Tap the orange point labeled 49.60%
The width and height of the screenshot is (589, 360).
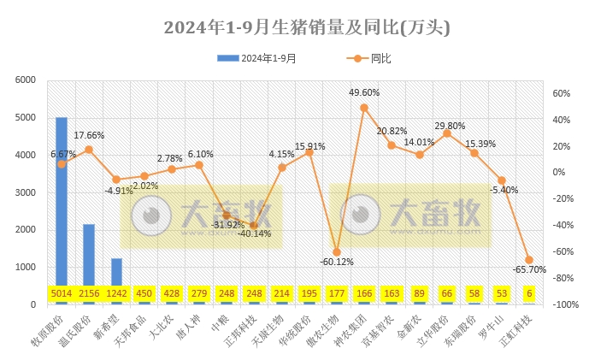pos(364,108)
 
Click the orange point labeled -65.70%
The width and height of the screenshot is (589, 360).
pos(529,260)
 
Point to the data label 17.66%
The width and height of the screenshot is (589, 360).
pos(89,135)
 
